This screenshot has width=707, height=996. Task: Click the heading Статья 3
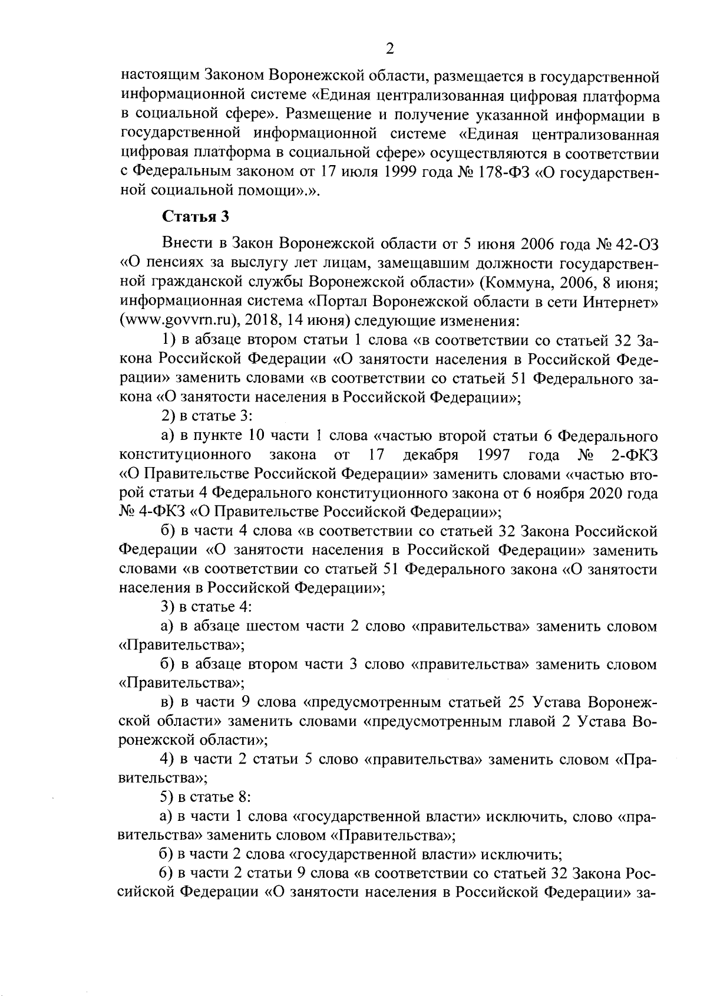point(196,216)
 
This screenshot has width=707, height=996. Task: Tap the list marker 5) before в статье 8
point(168,797)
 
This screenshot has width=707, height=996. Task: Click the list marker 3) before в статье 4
point(168,607)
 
